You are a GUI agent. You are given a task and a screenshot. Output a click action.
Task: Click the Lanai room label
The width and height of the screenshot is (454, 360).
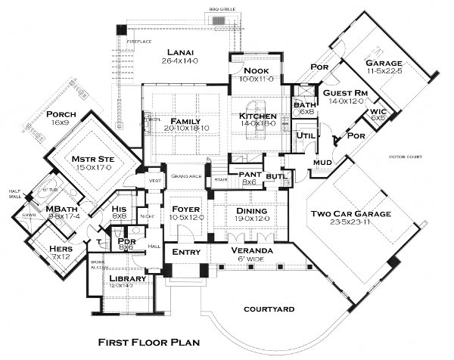[x=182, y=52]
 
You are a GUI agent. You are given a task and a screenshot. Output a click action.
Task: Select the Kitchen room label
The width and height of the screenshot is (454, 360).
[x=258, y=116]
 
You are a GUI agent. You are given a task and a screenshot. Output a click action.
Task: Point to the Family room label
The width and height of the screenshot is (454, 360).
[x=185, y=122]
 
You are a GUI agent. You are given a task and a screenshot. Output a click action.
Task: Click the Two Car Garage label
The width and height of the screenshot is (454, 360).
[x=352, y=214]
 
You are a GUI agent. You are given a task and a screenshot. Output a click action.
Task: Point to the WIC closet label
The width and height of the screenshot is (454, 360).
[x=377, y=112]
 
